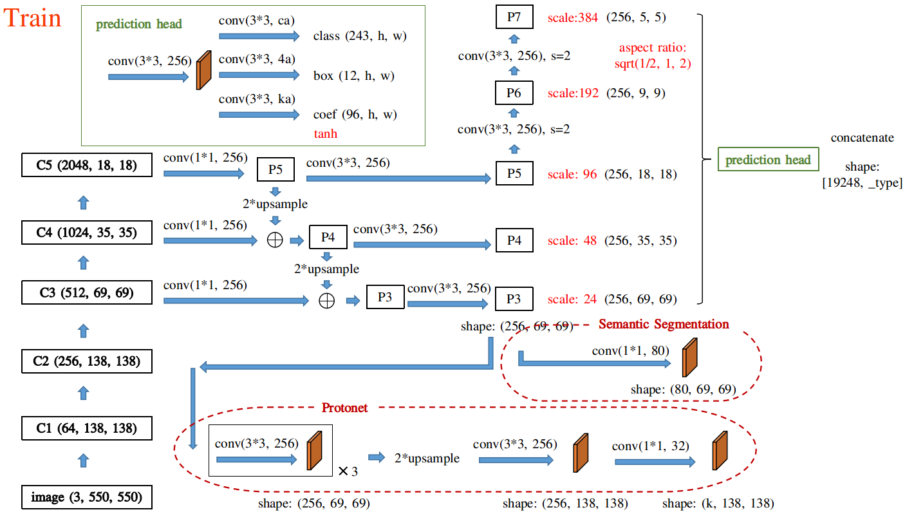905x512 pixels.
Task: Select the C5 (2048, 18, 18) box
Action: [87, 165]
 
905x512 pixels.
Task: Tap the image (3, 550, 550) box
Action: [87, 497]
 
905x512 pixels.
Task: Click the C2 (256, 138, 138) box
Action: [87, 361]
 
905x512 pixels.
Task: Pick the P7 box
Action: [514, 17]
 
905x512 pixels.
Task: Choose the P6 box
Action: [514, 93]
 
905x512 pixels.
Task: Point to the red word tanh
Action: [326, 134]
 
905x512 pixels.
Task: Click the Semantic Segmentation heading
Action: [664, 324]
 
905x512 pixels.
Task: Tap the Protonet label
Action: [344, 408]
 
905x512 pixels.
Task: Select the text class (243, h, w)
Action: [360, 37]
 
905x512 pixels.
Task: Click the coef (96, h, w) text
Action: [355, 115]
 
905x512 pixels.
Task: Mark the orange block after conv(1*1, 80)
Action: [689, 359]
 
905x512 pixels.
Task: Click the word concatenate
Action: [862, 138]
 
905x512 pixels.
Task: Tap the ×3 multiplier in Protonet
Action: [348, 471]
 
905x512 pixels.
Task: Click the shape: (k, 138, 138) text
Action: [718, 503]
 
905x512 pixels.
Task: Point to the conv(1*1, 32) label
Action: [650, 446]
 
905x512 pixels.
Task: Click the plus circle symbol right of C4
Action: [275, 241]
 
